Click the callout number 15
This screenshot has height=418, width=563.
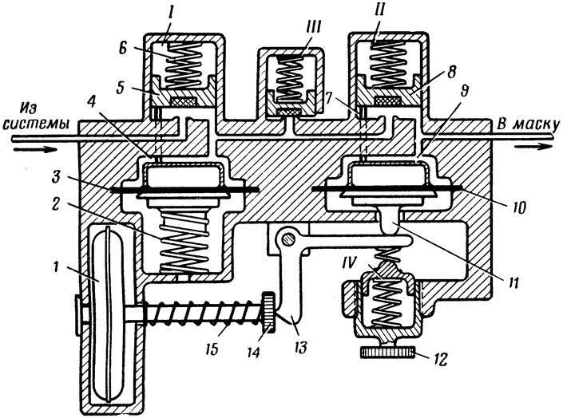[212, 349]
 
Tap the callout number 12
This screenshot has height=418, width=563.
[439, 359]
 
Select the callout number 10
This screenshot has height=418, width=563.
[516, 207]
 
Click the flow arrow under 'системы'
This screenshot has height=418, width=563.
[34, 148]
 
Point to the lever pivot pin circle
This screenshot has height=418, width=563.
[287, 239]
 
